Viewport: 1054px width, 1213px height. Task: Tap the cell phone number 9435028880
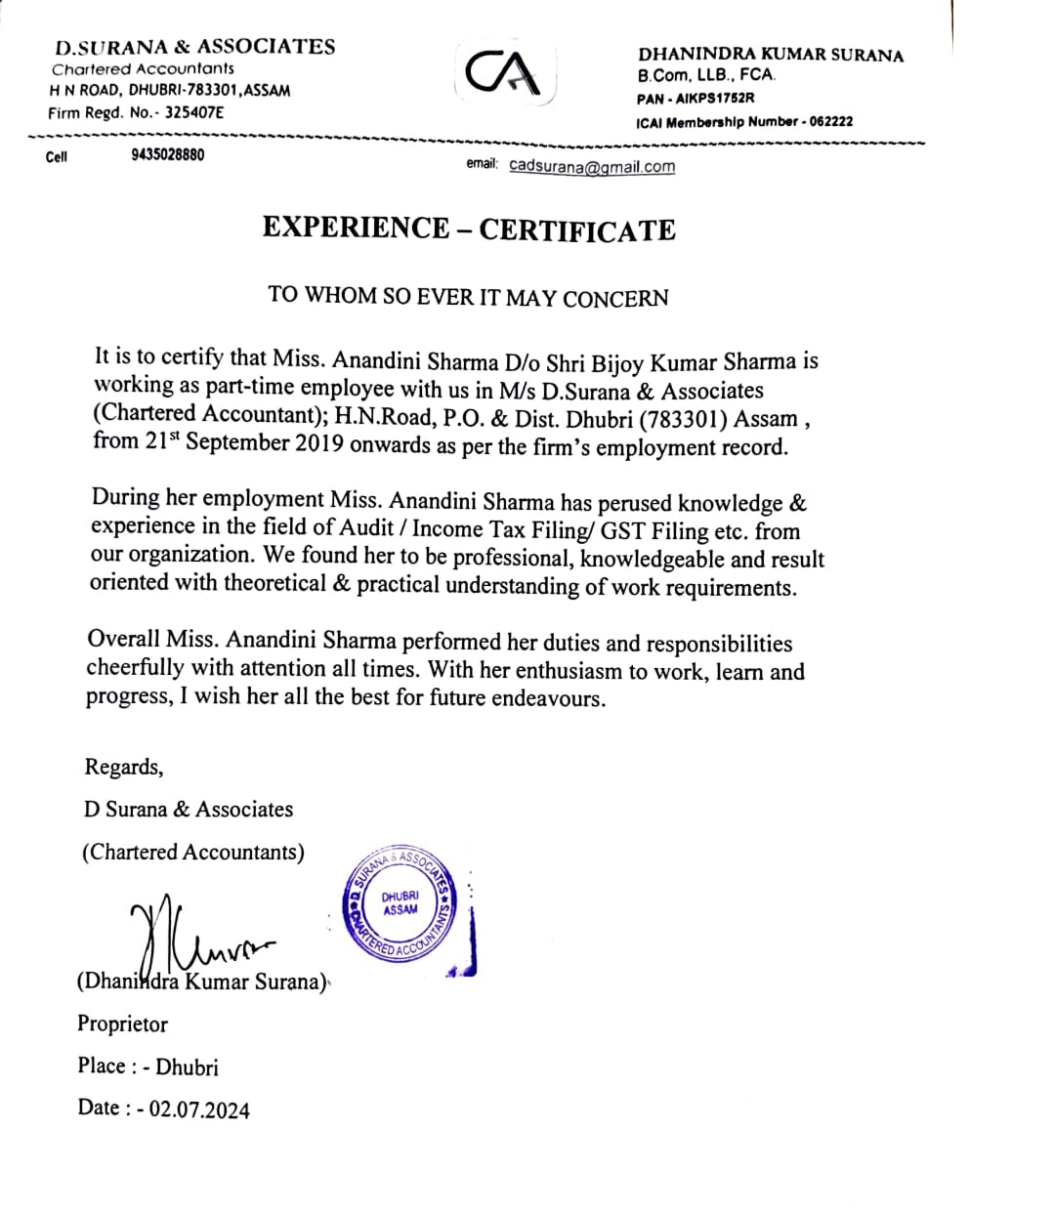point(167,155)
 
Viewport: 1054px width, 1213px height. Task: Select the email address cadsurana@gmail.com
point(592,166)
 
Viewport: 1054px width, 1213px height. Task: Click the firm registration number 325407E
point(194,112)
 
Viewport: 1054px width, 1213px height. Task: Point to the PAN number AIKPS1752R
point(710,98)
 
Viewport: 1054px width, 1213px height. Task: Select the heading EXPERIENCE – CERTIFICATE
point(469,229)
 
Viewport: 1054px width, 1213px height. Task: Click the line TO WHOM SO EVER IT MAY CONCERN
point(469,296)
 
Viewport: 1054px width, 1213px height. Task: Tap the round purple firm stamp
point(400,903)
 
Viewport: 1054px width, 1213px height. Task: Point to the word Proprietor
point(123,1025)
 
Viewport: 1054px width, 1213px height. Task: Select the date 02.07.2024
point(199,1109)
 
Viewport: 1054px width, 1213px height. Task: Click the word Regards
point(123,767)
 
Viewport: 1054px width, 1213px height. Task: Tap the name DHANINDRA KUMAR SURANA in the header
point(770,55)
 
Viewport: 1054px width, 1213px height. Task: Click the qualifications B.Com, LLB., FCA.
point(706,75)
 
